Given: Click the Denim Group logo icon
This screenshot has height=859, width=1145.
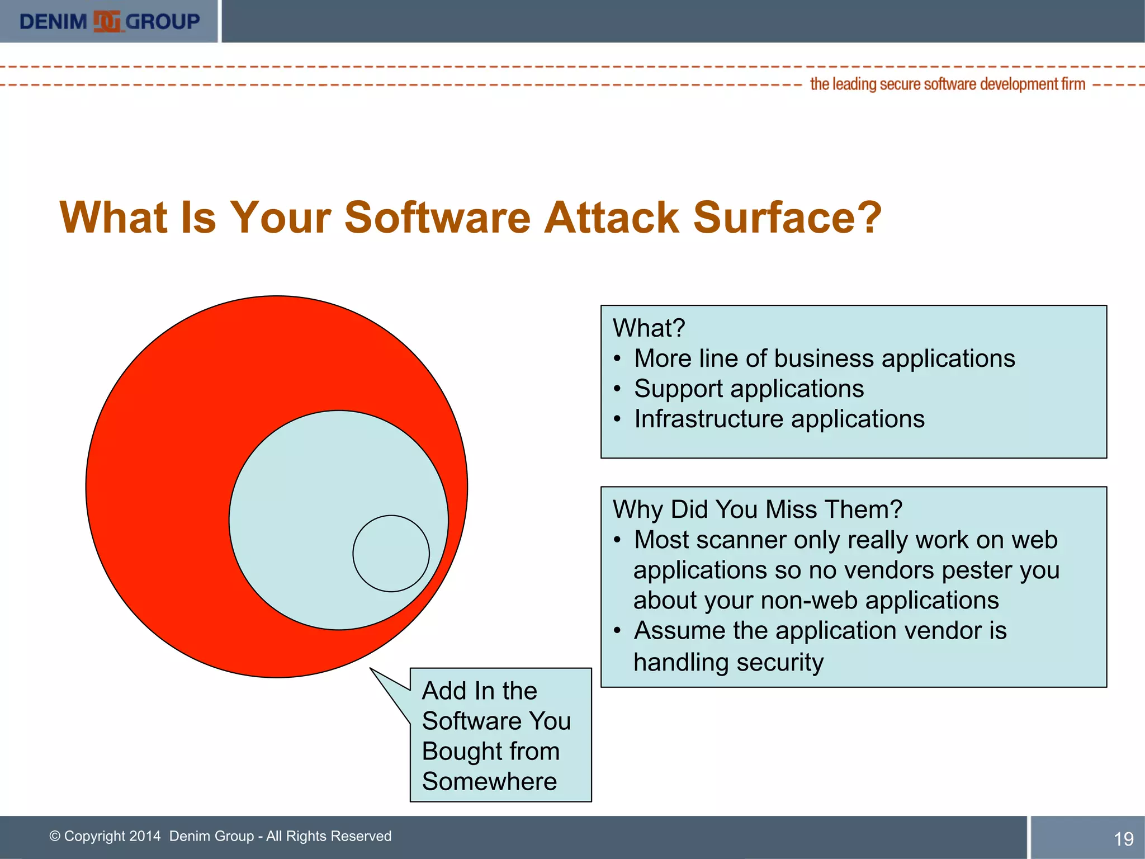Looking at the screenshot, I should pos(107,22).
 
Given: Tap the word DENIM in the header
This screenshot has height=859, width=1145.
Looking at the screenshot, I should pos(53,22).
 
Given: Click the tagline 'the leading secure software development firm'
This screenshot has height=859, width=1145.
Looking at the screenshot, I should pos(947,84).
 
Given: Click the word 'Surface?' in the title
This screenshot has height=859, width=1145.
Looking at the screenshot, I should pos(787,218).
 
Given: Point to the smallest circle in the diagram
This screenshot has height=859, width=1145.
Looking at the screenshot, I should pos(391,553).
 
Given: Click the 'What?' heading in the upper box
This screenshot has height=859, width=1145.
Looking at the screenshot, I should pos(649,328).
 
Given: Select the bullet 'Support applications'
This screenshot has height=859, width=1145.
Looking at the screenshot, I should pos(749,389).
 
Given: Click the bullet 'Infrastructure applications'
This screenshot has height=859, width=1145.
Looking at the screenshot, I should pos(779,419).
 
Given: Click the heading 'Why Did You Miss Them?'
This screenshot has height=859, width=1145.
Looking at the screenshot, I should pos(757,509).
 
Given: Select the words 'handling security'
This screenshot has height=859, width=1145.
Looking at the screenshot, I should pos(728,662).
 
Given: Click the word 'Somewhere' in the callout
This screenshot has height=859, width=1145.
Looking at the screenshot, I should pos(489,781).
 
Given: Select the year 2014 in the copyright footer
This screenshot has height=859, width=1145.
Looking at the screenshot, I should pos(145,836).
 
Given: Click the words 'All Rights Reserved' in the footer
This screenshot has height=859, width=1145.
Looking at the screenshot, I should pos(329,836).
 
